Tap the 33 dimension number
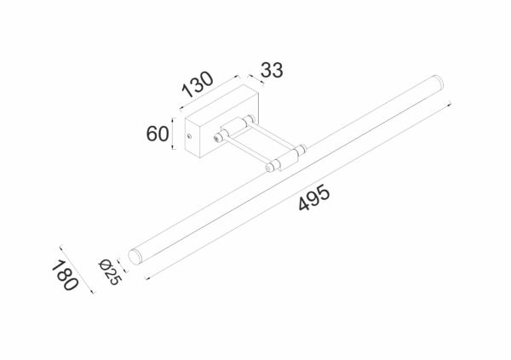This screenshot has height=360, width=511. pos(270,71)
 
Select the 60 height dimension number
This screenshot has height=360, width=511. pos(157,134)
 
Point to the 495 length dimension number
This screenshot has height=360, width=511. pos(314,201)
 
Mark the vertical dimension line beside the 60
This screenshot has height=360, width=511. pos(174,134)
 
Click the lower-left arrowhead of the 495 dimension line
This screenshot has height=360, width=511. pos(147,277)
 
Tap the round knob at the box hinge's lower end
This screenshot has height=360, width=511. pos(218,136)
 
